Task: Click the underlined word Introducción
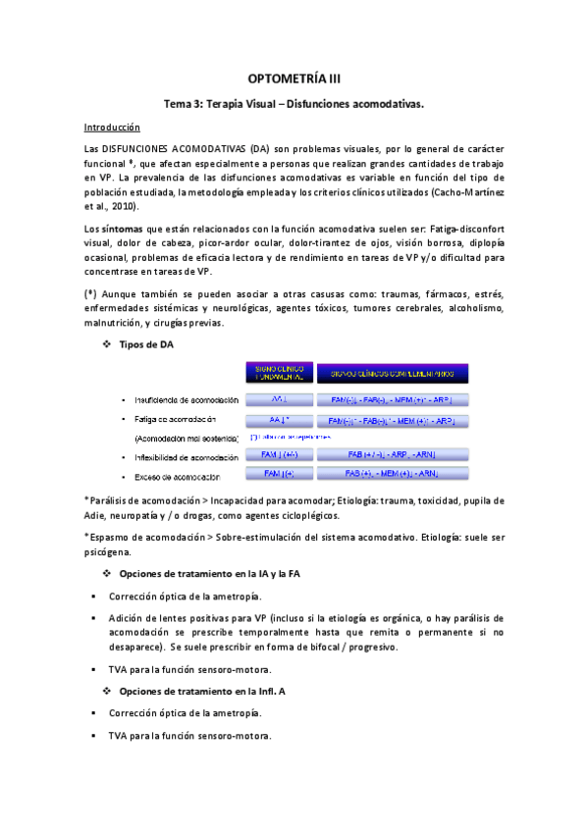coord(112,128)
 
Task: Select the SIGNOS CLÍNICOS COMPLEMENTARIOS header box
coord(393,373)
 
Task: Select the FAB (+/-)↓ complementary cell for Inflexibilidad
coord(393,456)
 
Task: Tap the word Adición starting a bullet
coord(129,618)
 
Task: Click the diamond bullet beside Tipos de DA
coord(107,342)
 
